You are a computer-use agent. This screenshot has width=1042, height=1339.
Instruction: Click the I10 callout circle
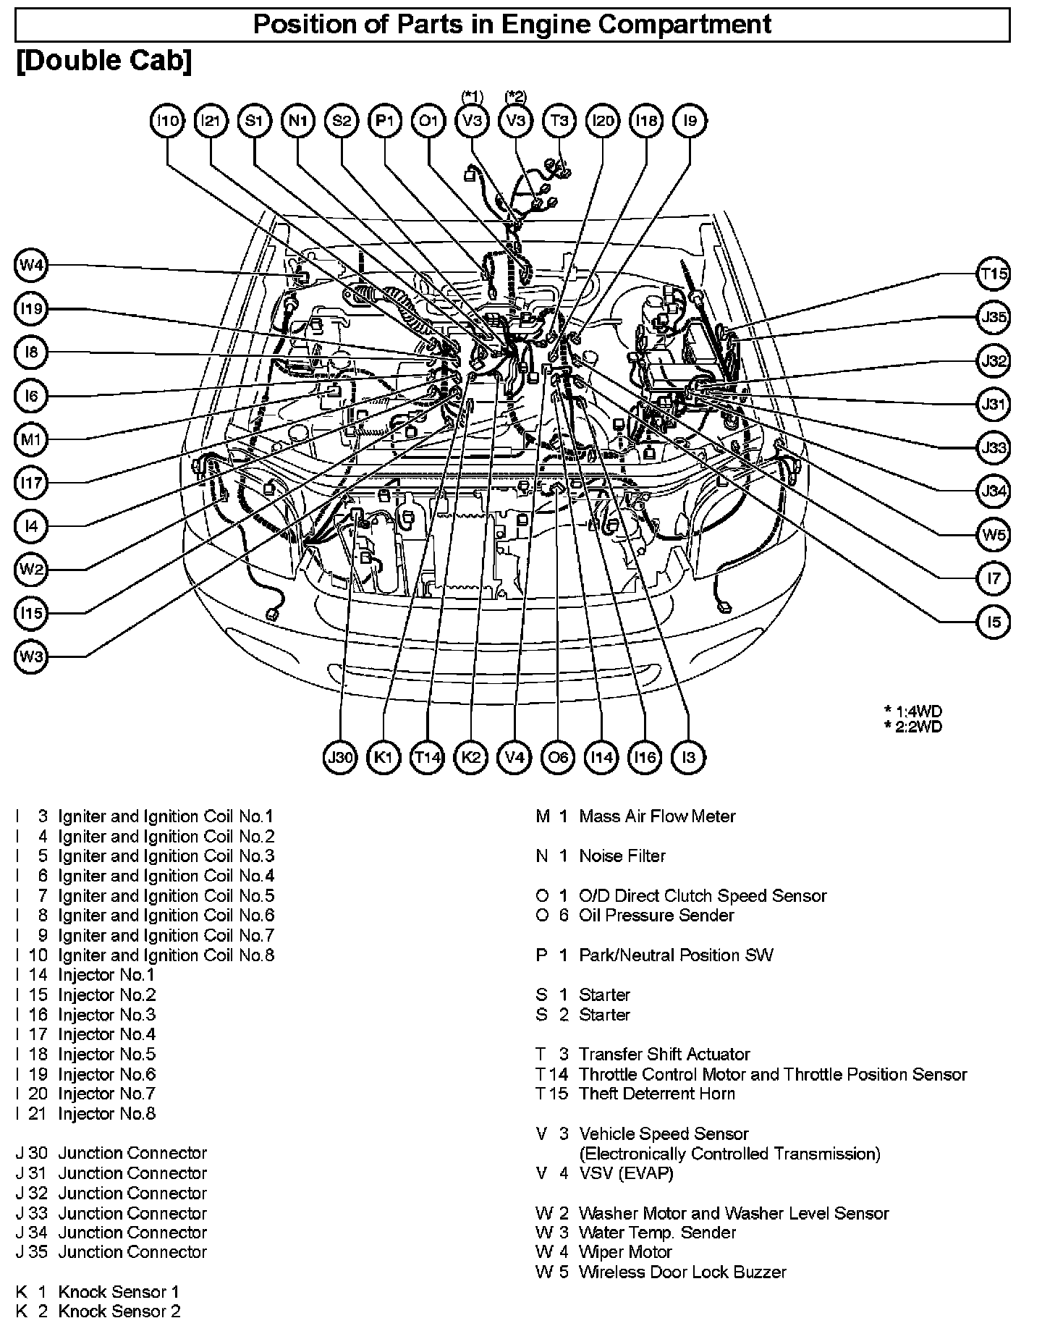[x=168, y=121]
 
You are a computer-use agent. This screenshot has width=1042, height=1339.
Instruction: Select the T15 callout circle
[x=994, y=274]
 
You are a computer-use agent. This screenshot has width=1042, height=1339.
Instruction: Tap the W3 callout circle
[x=31, y=657]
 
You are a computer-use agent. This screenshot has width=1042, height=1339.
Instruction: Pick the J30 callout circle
[x=340, y=757]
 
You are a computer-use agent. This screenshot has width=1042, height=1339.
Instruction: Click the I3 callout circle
[x=688, y=757]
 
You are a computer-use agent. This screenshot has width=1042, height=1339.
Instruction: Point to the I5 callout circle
[x=994, y=622]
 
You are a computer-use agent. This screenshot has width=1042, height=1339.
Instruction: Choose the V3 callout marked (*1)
[x=472, y=121]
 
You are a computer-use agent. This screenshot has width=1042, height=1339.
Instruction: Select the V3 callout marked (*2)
[x=515, y=121]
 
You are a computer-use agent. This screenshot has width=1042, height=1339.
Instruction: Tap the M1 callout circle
[x=31, y=439]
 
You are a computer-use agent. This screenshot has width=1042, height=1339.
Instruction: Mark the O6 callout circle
[x=558, y=757]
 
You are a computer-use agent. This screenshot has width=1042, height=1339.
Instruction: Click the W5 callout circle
[x=994, y=535]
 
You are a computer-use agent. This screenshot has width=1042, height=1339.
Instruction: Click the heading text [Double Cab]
[x=104, y=62]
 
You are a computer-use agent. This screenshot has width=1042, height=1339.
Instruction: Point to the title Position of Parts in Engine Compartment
[x=512, y=25]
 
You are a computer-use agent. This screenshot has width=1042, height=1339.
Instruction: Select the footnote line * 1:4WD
[x=913, y=711]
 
